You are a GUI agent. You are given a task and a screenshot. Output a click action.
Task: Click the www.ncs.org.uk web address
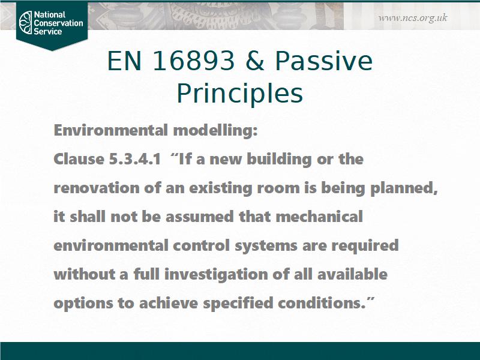413,18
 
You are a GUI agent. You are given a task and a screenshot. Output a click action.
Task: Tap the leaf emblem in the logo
25,22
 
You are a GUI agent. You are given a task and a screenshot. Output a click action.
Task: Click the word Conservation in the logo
58,23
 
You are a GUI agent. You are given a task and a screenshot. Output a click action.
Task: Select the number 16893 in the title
193,61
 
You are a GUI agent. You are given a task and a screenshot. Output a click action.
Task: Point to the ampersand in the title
254,61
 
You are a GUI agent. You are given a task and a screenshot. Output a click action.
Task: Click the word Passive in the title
323,61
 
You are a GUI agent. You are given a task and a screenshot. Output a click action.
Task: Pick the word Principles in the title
239,94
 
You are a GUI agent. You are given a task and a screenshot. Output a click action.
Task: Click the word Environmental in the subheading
111,130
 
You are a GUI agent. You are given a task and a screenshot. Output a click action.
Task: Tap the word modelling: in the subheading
215,130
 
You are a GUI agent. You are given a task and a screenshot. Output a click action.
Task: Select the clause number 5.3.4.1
134,159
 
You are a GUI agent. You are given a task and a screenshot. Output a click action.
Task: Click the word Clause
79,159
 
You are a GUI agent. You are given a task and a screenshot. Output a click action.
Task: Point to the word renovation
97,188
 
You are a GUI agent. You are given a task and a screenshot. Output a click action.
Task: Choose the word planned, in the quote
404,188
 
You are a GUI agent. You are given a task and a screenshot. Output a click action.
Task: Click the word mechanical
319,217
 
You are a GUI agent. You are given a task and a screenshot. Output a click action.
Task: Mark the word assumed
200,217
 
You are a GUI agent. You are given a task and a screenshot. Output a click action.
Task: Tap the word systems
266,246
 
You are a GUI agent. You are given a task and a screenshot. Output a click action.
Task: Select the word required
365,246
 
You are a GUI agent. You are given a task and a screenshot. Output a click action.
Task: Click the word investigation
216,275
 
